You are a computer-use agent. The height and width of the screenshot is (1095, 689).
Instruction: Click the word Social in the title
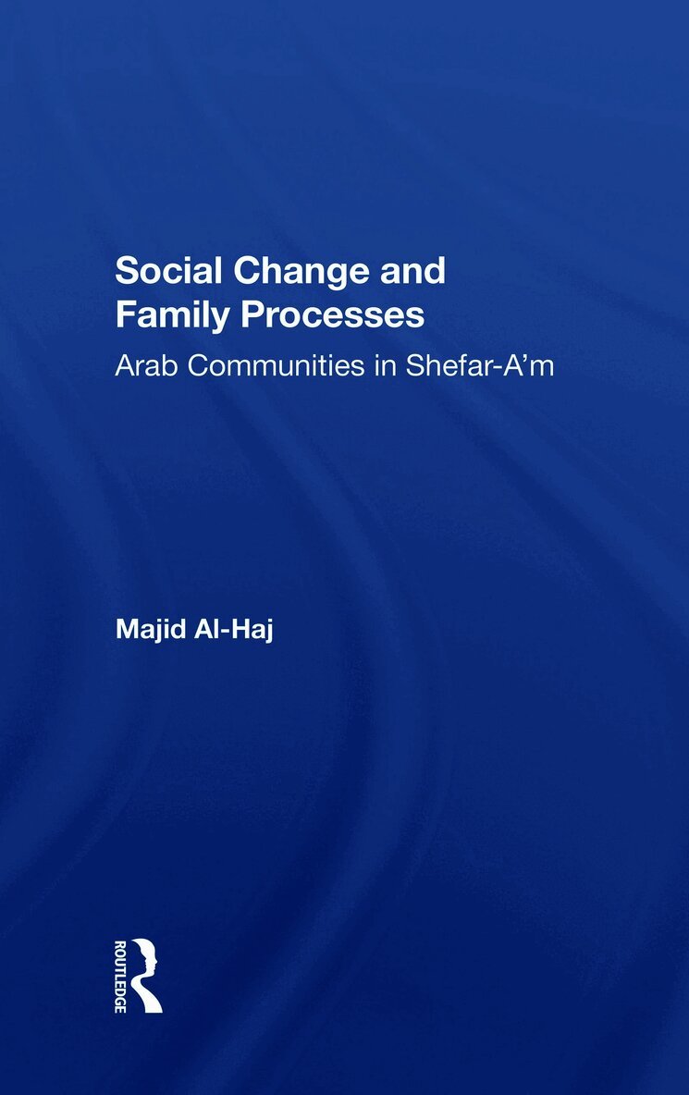162,271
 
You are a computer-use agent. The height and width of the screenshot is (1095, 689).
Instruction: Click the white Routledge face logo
145,975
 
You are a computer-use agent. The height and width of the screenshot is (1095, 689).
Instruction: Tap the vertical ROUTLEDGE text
120,975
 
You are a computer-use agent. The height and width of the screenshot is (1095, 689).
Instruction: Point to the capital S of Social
124,271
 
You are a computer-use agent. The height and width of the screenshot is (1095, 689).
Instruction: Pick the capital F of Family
122,314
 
